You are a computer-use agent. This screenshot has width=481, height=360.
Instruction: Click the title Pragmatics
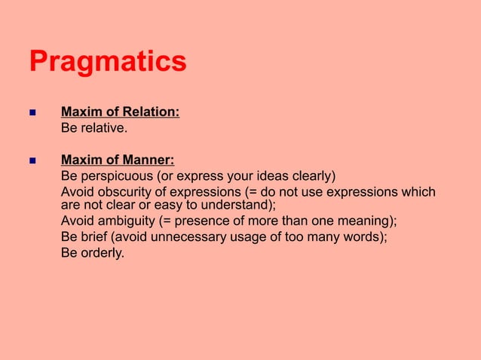[x=108, y=62]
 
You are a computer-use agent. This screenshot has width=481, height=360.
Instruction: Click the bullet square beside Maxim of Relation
[x=32, y=114]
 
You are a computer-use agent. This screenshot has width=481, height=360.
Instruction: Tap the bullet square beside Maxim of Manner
[x=32, y=160]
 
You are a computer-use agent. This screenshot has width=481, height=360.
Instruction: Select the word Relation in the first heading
[x=152, y=113]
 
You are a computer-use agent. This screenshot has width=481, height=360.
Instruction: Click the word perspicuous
[x=116, y=176]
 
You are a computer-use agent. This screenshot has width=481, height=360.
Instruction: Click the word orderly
[x=102, y=253]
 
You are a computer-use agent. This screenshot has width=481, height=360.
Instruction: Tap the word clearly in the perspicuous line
[x=312, y=176]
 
